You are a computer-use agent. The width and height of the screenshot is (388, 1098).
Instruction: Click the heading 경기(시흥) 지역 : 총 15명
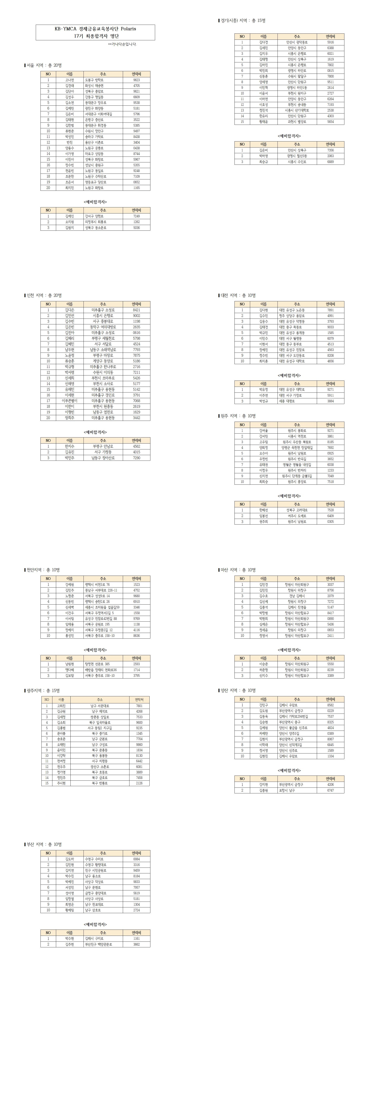click(x=243, y=21)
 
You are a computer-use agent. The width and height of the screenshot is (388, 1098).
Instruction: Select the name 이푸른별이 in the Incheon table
click(x=69, y=401)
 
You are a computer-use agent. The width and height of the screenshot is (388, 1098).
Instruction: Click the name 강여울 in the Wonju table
click(x=264, y=430)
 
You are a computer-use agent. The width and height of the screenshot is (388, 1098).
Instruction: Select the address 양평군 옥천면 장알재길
click(x=297, y=448)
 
